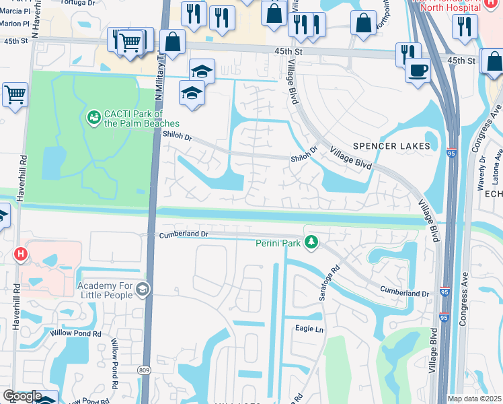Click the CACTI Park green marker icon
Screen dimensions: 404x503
pyautogui.click(x=93, y=118)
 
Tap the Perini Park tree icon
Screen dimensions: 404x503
pyautogui.click(x=311, y=241)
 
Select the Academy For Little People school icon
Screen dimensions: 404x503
pyautogui.click(x=143, y=289)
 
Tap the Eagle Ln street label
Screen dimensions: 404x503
pyautogui.click(x=309, y=329)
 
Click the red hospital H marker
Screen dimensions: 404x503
pyautogui.click(x=21, y=254)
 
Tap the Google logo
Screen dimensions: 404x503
pyautogui.click(x=22, y=396)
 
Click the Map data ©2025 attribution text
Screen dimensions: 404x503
pyautogui.click(x=474, y=399)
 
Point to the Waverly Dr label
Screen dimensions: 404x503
pyautogui.click(x=481, y=168)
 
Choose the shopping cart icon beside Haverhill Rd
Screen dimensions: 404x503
pyautogui.click(x=15, y=95)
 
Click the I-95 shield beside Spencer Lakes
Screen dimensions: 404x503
pyautogui.click(x=451, y=153)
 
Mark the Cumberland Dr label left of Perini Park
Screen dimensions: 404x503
pyautogui.click(x=184, y=234)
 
